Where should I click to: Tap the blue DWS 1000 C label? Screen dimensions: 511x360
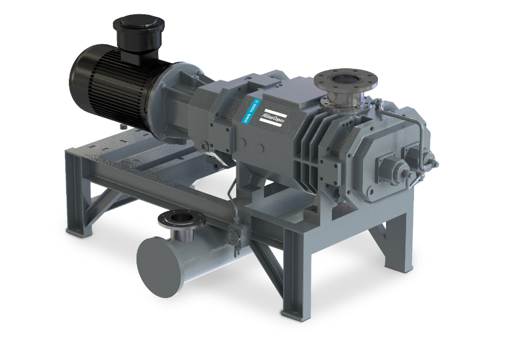pos(252,111)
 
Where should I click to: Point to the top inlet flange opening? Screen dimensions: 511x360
pos(345,80)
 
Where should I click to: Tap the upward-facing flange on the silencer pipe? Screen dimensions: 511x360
pos(182,219)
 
